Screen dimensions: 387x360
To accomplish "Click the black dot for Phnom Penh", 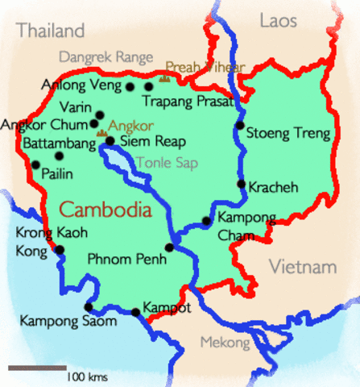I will (x=169, y=248).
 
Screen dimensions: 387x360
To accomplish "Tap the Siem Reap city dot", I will (x=110, y=141).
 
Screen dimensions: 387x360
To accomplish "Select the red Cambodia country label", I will (x=106, y=210).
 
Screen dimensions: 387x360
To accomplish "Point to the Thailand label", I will (x=51, y=31).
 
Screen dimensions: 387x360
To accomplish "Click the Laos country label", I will (x=279, y=20).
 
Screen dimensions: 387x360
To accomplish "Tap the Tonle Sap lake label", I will (x=160, y=162).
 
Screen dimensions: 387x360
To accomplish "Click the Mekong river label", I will (x=226, y=343).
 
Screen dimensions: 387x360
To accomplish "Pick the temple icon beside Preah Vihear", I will (x=165, y=77).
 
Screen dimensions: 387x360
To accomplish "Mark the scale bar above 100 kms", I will (x=37, y=368).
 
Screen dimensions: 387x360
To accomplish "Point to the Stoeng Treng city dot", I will (x=239, y=126).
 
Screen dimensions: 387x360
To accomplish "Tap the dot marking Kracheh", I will (x=241, y=184).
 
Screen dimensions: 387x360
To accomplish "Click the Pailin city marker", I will (x=35, y=164).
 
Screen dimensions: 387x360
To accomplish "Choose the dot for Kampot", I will (x=135, y=312).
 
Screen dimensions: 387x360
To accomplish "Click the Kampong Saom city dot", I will (x=88, y=307).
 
